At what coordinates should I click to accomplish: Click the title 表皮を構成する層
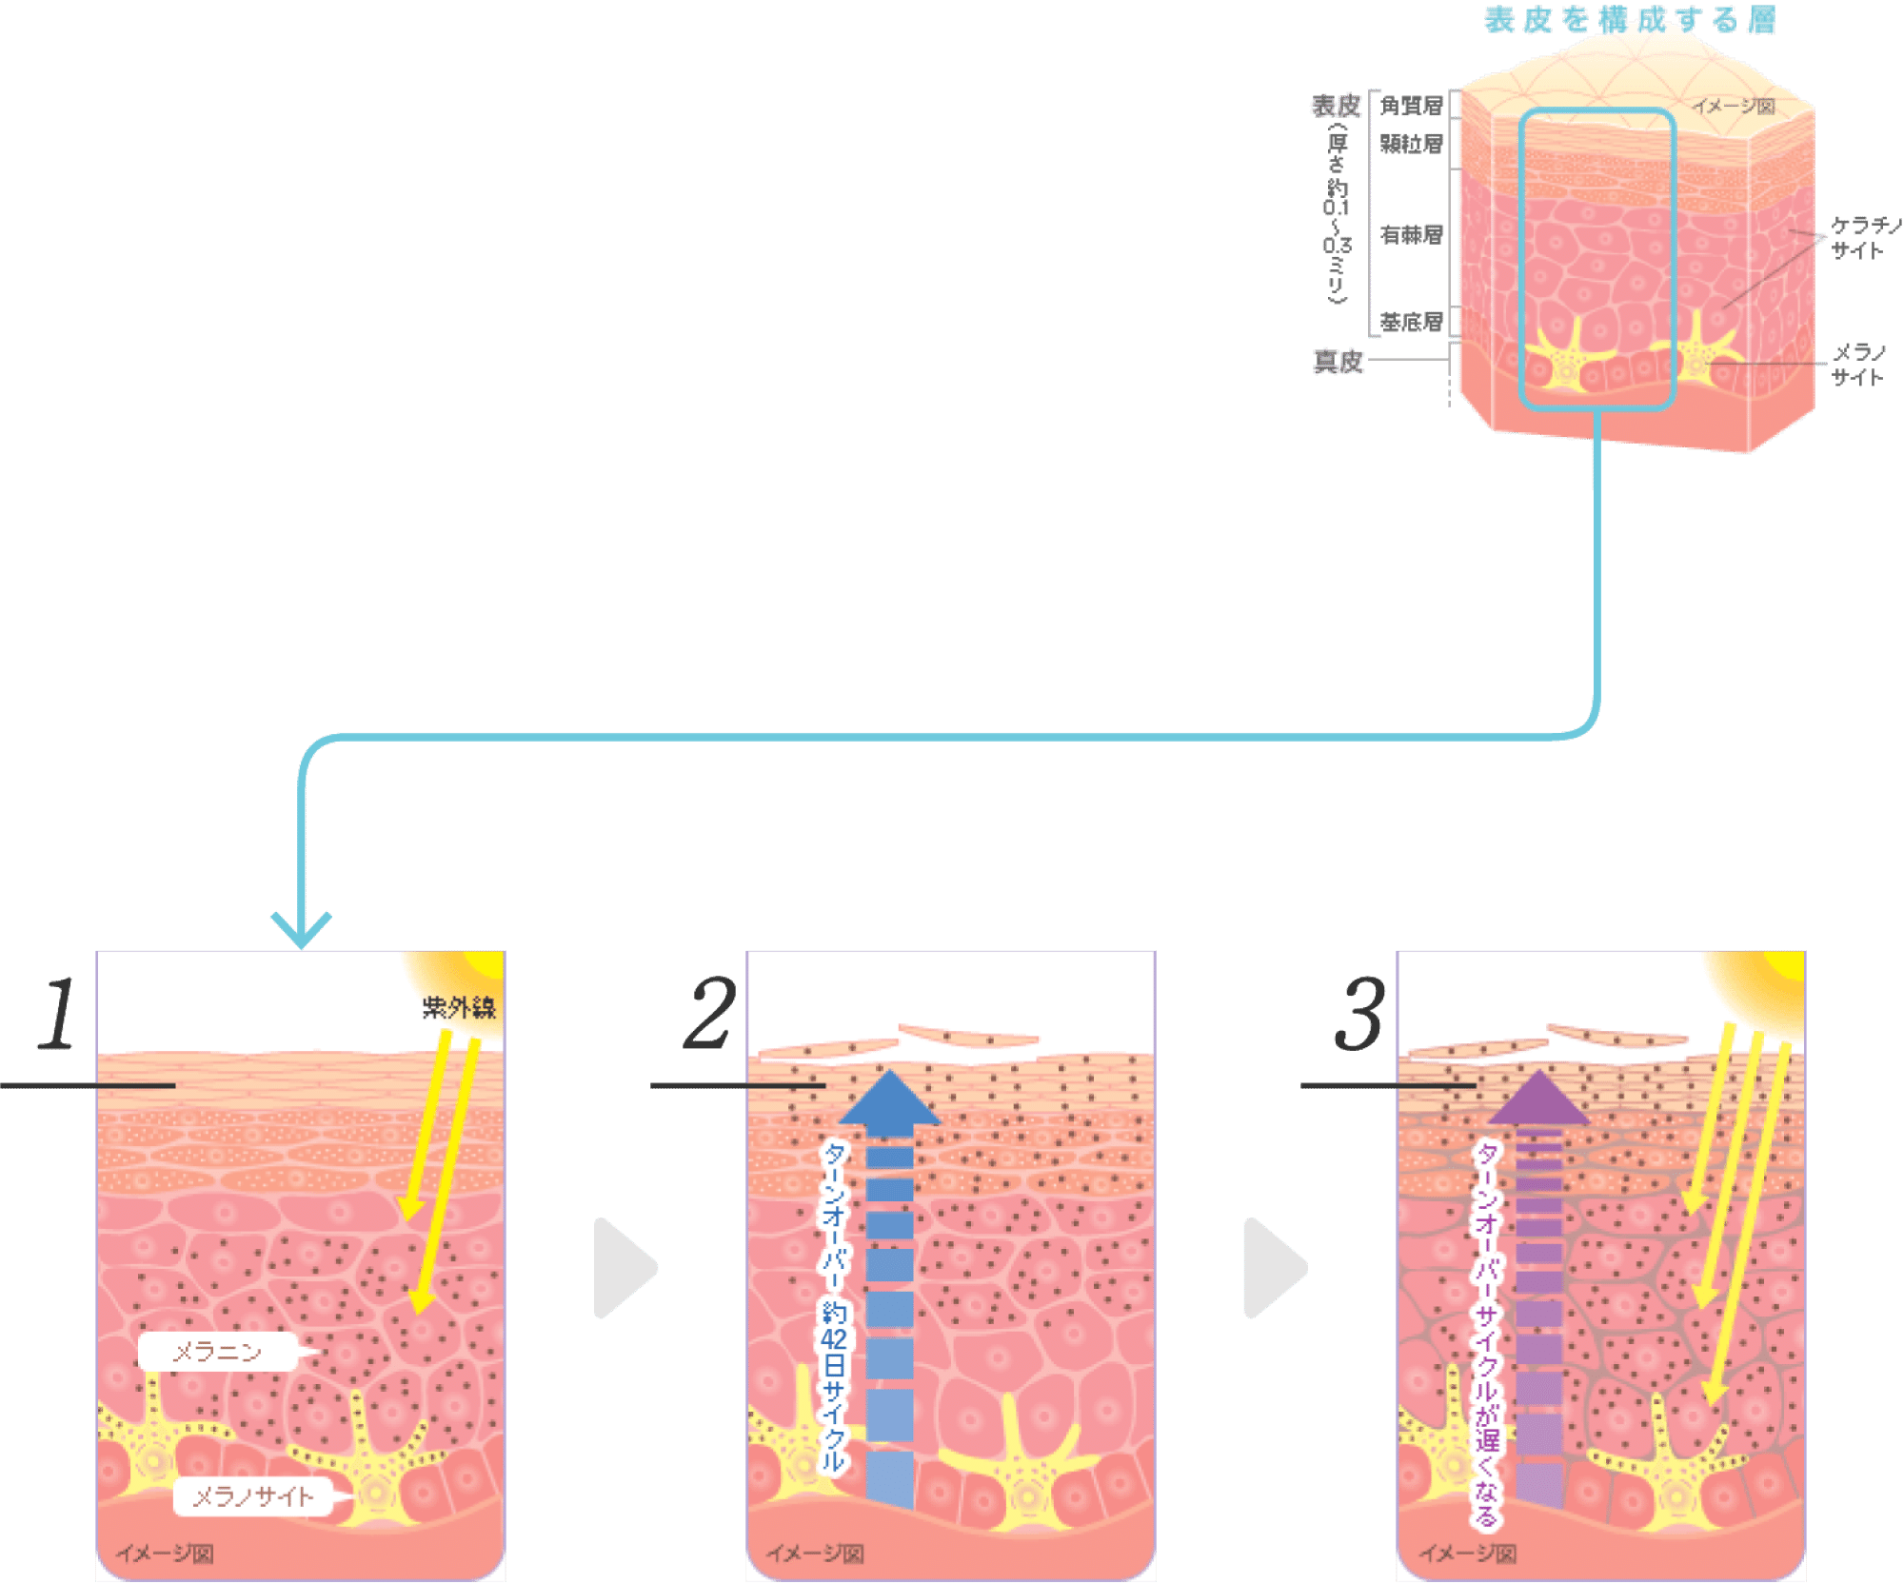pos(1629,20)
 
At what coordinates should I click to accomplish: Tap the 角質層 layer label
pos(1412,106)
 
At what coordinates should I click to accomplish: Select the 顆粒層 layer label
pos(1412,145)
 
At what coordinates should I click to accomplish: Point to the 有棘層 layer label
pos(1412,234)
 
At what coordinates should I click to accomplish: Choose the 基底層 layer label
pos(1412,321)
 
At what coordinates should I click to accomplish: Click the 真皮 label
pos(1338,361)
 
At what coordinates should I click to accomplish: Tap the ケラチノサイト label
pos(1864,237)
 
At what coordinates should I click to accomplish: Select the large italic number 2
pos(710,1015)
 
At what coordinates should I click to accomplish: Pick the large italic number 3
pos(1359,1015)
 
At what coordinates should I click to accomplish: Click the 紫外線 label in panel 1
pos(459,1008)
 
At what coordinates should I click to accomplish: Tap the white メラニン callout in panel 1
pos(218,1352)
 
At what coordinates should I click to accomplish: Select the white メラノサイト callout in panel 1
pos(253,1497)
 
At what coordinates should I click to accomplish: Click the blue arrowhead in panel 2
pos(889,1100)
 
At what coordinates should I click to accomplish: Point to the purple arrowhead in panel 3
pos(1538,1100)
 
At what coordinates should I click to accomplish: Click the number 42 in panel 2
pos(834,1339)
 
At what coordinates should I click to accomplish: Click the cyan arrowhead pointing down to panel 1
pos(301,929)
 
